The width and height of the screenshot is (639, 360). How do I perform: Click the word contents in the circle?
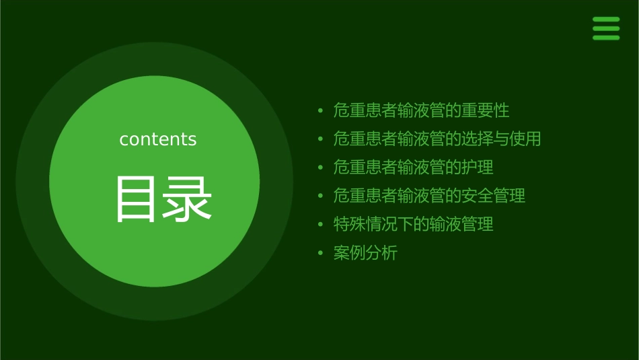[158, 139]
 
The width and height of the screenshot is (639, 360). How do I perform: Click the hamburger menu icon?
[605, 29]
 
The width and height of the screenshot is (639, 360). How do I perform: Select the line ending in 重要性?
[421, 110]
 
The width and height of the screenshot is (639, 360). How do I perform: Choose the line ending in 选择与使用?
[437, 139]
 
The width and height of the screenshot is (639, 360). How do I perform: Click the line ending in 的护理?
[413, 168]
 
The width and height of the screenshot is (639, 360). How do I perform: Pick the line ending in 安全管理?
[429, 196]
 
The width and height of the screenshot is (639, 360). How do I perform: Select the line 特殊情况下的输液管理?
[413, 224]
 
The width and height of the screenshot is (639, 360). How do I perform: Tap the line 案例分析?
[365, 253]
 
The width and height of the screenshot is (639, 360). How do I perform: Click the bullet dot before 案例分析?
[321, 254]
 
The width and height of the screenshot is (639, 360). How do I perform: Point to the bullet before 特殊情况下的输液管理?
[321, 225]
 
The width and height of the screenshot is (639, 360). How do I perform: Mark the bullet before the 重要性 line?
[321, 111]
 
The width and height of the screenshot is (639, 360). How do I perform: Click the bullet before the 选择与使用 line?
[321, 140]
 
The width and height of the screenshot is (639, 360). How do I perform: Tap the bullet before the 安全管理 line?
[321, 196]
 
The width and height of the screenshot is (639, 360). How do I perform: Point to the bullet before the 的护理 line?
[321, 168]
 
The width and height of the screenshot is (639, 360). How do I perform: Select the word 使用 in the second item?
[525, 139]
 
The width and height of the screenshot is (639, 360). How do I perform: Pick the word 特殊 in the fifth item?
[349, 224]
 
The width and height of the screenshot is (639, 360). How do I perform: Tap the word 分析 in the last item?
[381, 253]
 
